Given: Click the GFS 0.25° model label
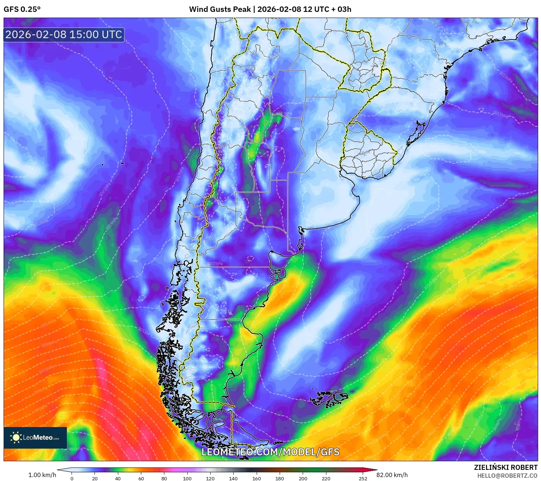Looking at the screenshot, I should pos(22,9).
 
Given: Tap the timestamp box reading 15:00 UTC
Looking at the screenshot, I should pos(64,35).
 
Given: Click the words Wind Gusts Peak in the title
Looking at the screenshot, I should pos(220,9).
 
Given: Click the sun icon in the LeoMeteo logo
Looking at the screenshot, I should pos(16,437).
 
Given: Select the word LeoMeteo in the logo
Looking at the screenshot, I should pos(38,437).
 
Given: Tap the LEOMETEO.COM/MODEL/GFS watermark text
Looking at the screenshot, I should pos(270,452).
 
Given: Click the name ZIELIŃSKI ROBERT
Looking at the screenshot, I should pos(505,467).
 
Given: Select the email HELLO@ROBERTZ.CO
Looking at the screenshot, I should pos(507,476).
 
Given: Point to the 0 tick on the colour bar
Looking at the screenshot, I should pos(72,478).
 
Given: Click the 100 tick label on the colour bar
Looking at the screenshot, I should pos(187,478).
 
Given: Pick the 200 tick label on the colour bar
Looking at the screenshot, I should pos(303,478).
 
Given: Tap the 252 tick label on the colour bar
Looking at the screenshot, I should pos(363,478).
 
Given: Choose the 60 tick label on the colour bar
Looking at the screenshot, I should pos(141,478).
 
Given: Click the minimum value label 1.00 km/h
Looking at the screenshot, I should pos(42,475).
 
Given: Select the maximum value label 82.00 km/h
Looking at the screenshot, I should pos(392,475).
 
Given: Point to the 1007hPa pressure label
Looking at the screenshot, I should pos(215,264).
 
